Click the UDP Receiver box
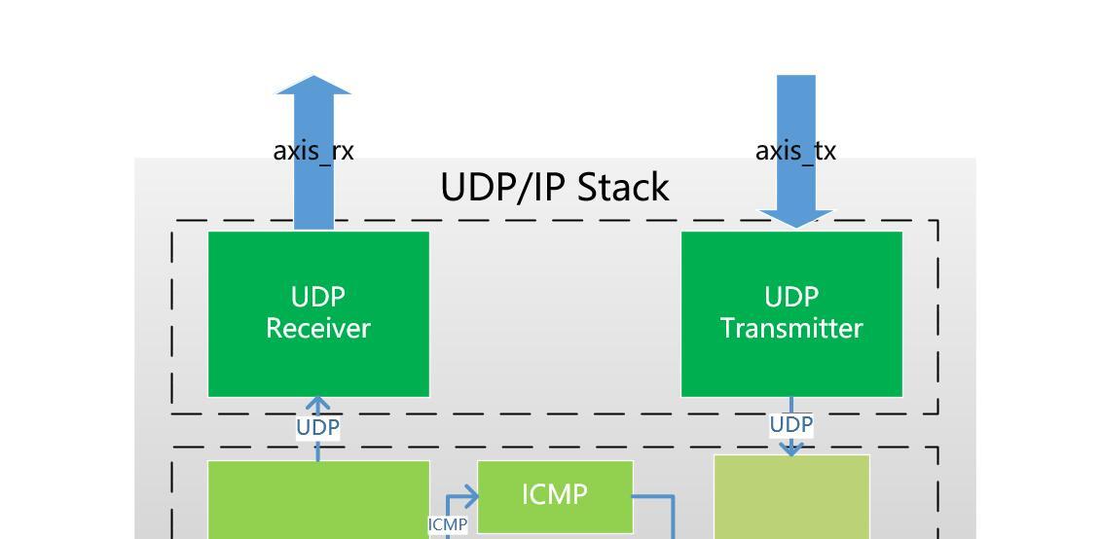click(318, 313)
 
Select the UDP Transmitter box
click(790, 313)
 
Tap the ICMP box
click(555, 495)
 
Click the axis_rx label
click(313, 151)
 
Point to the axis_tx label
click(795, 151)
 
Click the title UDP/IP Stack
click(555, 187)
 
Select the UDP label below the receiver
click(318, 427)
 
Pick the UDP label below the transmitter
click(790, 424)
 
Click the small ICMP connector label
click(448, 524)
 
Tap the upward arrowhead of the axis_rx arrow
click(313, 85)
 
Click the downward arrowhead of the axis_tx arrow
click(795, 218)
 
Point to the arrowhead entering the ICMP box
click(472, 497)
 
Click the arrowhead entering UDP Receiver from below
click(318, 403)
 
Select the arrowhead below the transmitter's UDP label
click(790, 449)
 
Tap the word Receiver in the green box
click(318, 329)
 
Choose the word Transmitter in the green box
click(790, 329)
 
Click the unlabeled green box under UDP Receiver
click(318, 500)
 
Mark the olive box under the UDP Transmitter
click(791, 498)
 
